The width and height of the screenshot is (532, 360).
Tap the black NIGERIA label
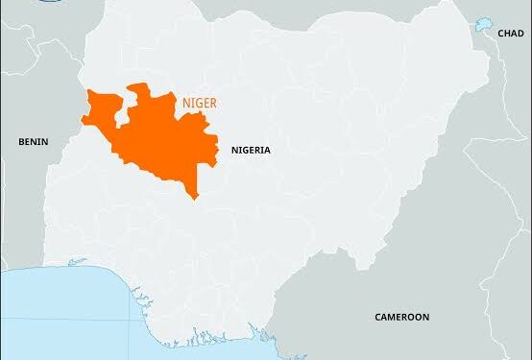[x=251, y=151]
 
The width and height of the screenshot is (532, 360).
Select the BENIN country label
[x=33, y=142]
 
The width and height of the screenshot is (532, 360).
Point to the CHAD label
[x=511, y=34]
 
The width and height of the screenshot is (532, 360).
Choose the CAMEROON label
[x=401, y=317]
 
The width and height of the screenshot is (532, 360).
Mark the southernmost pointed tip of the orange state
[x=195, y=198]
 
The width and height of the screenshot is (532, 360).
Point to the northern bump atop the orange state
[x=139, y=89]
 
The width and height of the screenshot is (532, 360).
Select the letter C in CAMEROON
[x=377, y=317]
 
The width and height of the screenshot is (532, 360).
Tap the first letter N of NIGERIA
[x=234, y=151]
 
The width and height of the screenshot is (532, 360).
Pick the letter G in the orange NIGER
[x=200, y=101]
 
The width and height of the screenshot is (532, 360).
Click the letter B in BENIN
[x=21, y=142]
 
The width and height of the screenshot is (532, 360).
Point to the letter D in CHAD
[x=521, y=34]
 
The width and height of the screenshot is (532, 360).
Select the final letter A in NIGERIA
[x=267, y=151]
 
